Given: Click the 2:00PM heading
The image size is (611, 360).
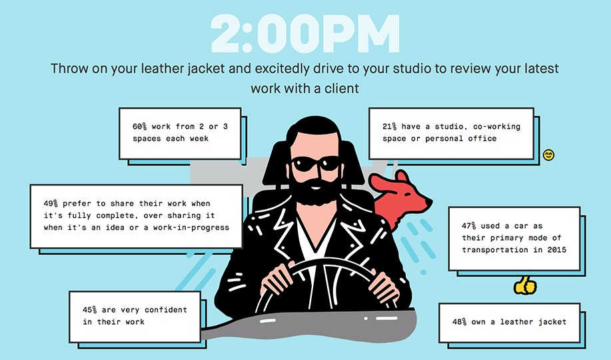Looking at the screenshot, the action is tap(305, 34).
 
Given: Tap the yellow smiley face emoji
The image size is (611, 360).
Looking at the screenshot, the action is tap(548, 155).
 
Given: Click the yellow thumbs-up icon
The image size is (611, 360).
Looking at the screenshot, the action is tap(525, 285).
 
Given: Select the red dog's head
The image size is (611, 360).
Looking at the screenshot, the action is tap(405, 191).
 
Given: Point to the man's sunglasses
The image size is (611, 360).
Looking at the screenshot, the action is tap(316, 164).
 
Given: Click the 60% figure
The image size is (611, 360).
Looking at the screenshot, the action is tap(139, 127).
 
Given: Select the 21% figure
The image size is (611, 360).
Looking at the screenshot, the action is tap(389, 127).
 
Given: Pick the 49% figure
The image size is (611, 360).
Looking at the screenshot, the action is tap(51, 203).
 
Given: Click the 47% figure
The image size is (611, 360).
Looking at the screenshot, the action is tap(469, 226).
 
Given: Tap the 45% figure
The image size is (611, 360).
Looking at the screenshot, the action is tap(90, 310).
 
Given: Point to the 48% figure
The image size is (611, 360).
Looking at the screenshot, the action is tap(460, 322).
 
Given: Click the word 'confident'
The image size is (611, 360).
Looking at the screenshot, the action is tap(166, 310).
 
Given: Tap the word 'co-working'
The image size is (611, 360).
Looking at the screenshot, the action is tap(496, 127).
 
